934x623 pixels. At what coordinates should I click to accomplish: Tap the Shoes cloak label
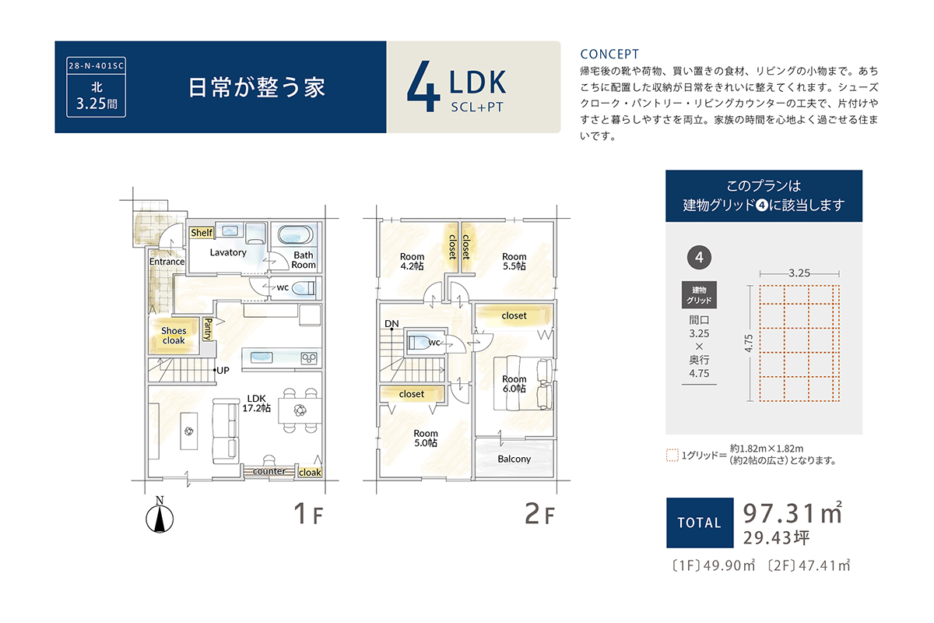click(174, 336)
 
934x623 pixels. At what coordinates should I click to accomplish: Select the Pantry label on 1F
click(208, 329)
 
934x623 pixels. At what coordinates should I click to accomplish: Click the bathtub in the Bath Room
click(295, 235)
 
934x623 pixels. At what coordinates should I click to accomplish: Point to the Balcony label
click(514, 459)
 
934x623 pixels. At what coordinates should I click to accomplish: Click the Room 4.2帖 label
click(412, 261)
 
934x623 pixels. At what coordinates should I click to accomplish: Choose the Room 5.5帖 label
click(514, 261)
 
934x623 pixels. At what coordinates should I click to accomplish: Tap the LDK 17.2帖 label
click(256, 403)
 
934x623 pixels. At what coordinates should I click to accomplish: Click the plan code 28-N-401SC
click(97, 66)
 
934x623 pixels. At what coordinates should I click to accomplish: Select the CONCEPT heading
click(609, 55)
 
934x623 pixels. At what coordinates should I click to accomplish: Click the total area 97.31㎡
click(792, 513)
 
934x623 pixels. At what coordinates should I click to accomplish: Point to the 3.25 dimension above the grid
click(799, 273)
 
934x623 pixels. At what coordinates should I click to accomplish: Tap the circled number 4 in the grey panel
click(699, 257)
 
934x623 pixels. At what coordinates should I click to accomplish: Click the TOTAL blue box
click(700, 523)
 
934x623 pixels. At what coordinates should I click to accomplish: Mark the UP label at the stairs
click(223, 371)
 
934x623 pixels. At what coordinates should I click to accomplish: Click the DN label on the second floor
click(392, 324)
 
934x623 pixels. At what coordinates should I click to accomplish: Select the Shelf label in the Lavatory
click(202, 233)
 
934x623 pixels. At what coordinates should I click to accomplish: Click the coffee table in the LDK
click(189, 431)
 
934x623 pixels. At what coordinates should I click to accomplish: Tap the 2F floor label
click(539, 513)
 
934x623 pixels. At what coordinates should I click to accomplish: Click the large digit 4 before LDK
click(423, 86)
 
